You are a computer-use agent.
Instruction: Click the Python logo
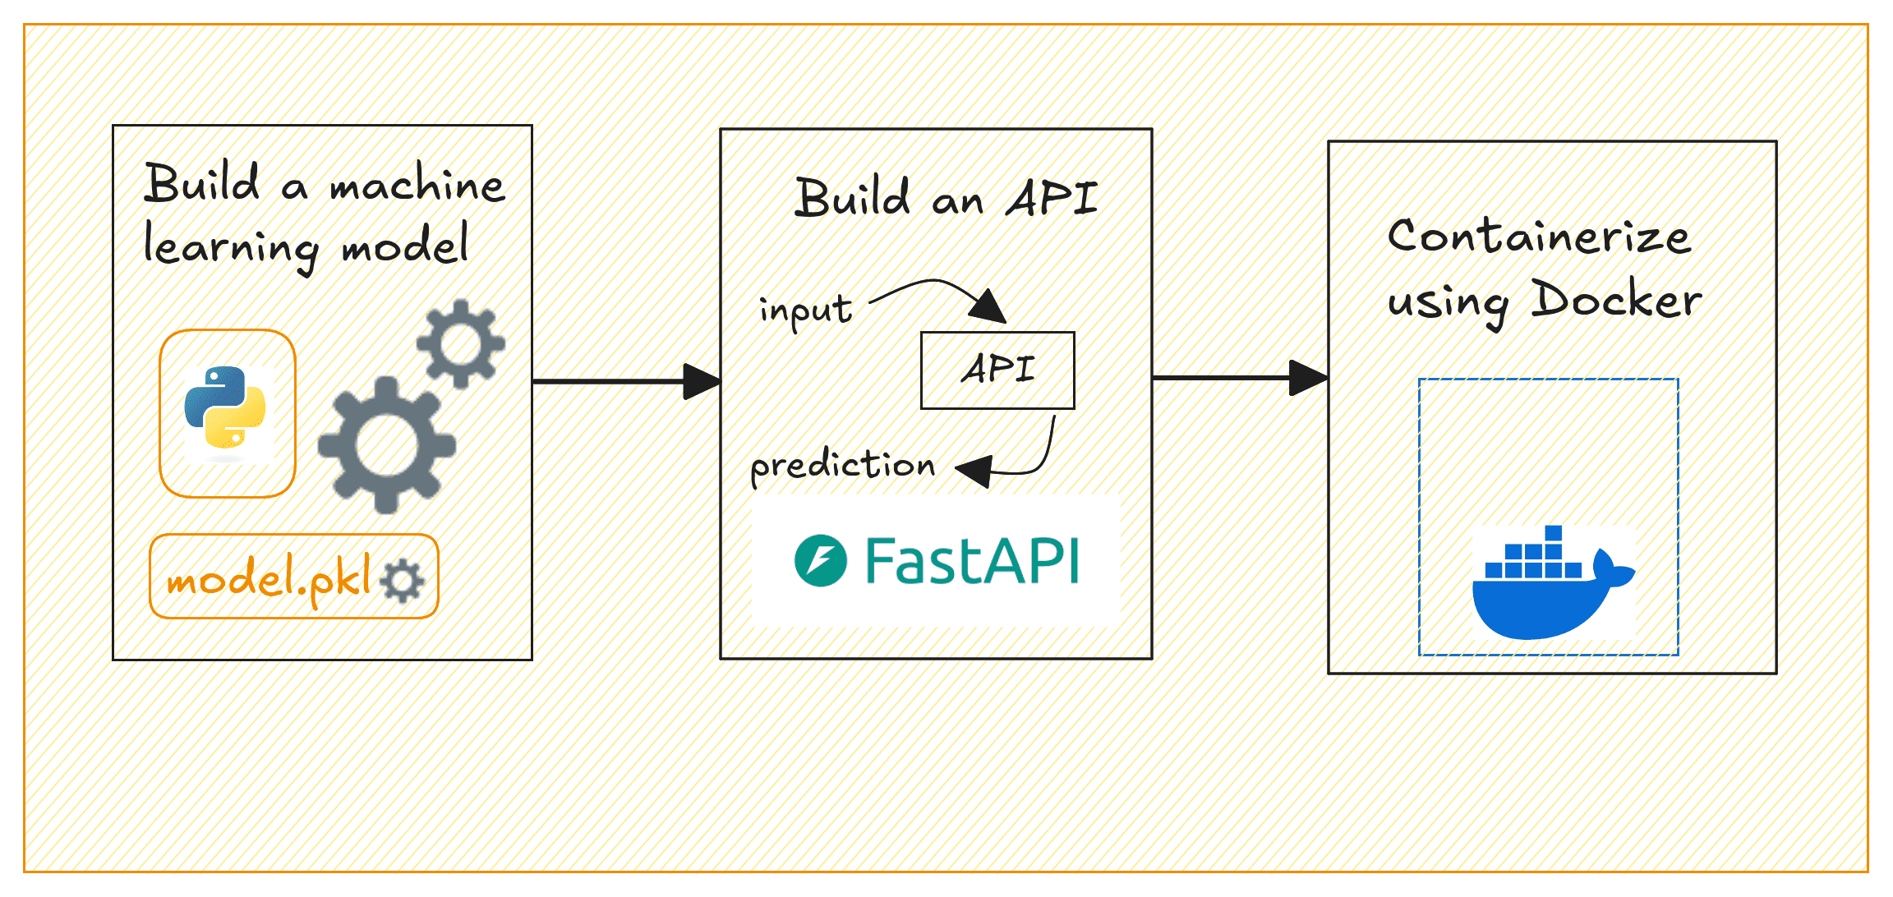click(x=225, y=407)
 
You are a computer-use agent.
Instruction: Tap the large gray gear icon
click(x=386, y=444)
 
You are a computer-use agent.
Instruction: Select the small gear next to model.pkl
click(x=403, y=580)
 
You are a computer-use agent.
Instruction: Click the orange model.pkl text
click(x=269, y=578)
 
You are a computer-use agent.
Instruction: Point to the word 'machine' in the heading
click(x=417, y=185)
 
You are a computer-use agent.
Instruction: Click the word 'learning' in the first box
click(x=230, y=248)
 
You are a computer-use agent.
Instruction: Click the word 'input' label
click(x=805, y=311)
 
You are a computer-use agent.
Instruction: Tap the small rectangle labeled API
click(x=997, y=370)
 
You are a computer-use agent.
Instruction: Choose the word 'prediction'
click(x=842, y=467)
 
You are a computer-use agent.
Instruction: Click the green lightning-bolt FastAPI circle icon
click(x=820, y=561)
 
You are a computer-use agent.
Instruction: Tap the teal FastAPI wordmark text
click(x=972, y=561)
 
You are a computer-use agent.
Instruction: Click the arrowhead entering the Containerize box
click(x=1308, y=378)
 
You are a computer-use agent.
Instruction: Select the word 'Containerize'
click(x=1538, y=237)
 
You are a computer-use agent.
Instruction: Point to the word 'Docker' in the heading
click(x=1616, y=300)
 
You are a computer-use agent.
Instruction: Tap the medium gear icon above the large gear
click(x=460, y=343)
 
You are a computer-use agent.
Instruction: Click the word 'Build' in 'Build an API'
click(x=852, y=199)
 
